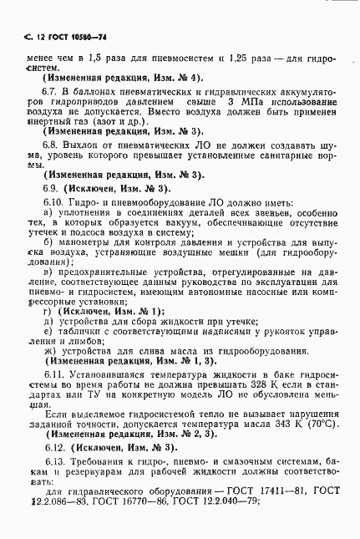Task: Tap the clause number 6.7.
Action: coord(51,90)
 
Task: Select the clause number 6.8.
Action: coord(51,145)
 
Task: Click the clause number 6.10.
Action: coord(53,203)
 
